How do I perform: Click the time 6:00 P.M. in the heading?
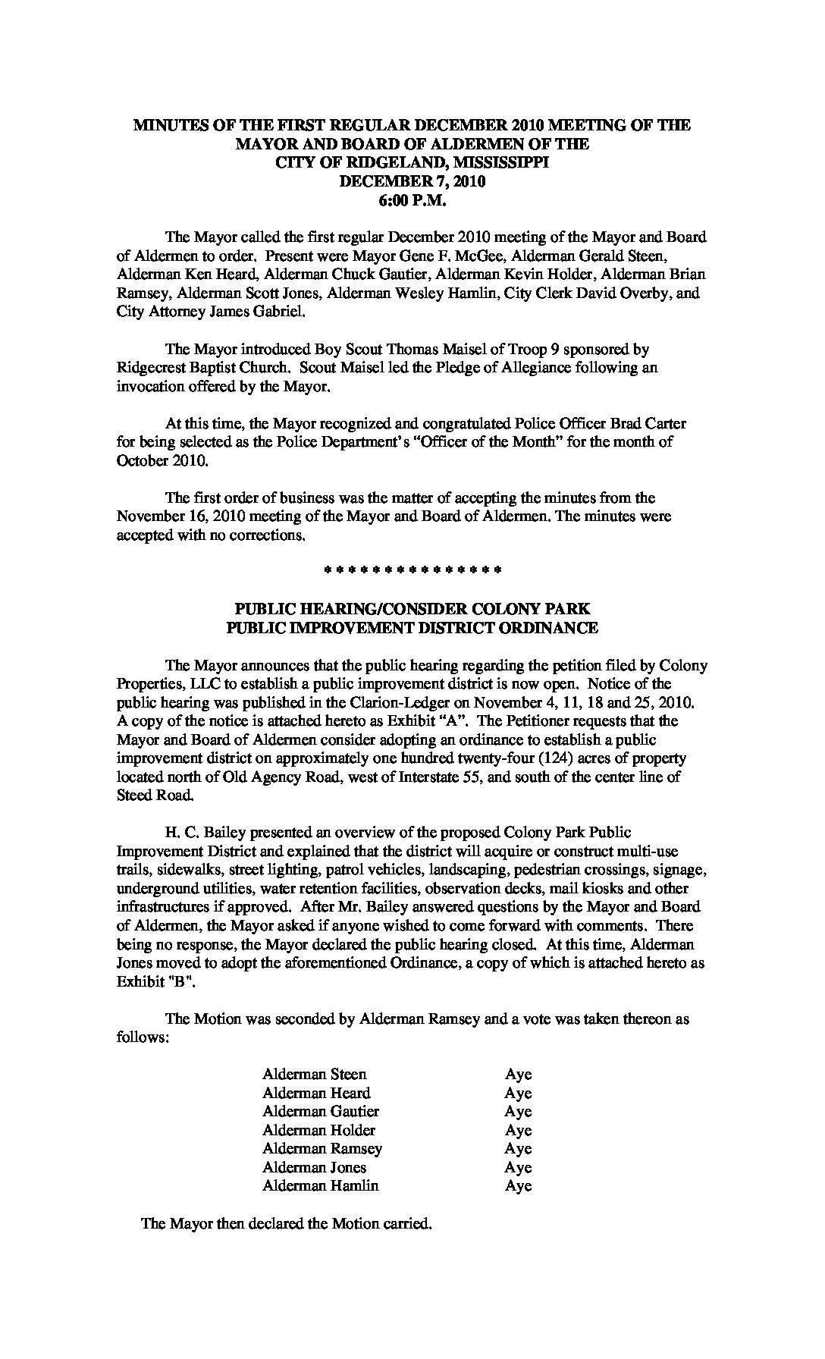(x=412, y=200)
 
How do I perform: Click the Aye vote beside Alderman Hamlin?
(x=518, y=1185)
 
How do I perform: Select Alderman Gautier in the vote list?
(x=320, y=1111)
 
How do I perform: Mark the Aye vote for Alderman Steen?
(x=518, y=1074)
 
